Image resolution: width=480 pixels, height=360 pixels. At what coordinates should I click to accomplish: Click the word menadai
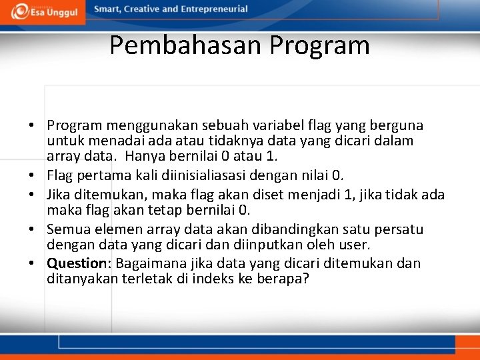pos(110,141)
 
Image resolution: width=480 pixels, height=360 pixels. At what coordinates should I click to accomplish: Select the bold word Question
pos(77,263)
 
